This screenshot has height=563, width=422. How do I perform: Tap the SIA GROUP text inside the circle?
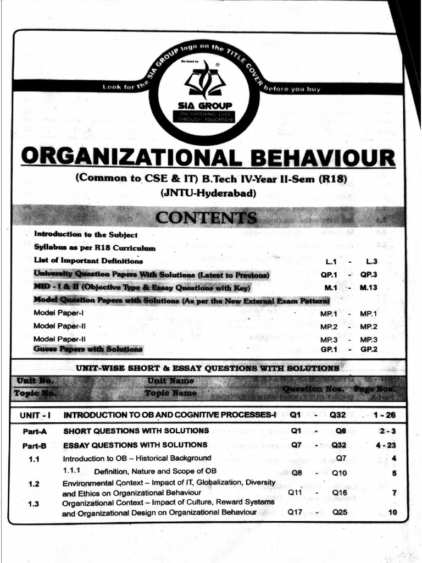(204, 105)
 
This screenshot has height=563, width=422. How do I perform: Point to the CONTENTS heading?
(206, 218)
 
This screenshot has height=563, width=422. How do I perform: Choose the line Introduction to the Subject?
(85, 234)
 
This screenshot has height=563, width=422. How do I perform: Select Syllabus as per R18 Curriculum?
(95, 247)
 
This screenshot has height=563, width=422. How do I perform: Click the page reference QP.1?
(329, 274)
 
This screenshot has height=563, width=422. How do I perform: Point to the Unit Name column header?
(170, 380)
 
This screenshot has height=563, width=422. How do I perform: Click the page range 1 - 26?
(384, 415)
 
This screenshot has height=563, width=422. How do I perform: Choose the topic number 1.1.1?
(71, 471)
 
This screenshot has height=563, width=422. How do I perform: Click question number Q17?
(296, 512)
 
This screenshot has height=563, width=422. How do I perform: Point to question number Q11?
(296, 493)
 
